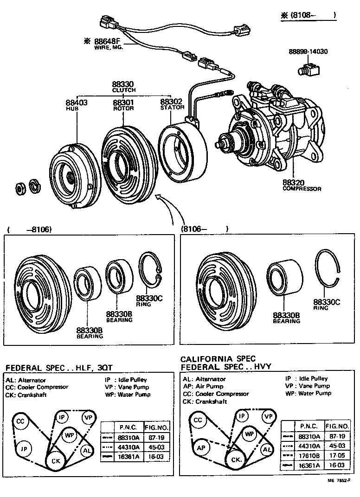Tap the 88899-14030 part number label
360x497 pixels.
[x=308, y=51]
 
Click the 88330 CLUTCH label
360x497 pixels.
[x=123, y=87]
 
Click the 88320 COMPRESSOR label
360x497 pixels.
[x=302, y=185]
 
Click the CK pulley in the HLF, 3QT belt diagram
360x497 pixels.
[x=56, y=461]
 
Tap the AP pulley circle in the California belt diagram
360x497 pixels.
[x=200, y=448]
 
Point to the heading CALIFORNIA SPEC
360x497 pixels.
[x=218, y=359]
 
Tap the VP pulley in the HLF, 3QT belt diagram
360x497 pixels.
[x=88, y=417]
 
